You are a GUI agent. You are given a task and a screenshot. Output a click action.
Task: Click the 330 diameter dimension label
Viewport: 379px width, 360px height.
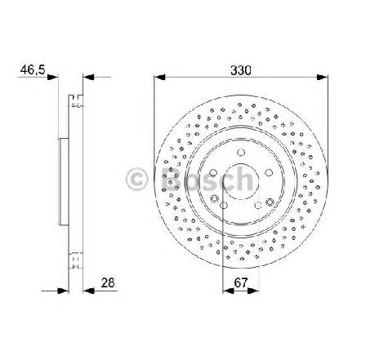[x=241, y=70]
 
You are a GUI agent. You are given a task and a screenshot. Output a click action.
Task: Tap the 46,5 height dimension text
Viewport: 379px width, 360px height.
[x=33, y=70]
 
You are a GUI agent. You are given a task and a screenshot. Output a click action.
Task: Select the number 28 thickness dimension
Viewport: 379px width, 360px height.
[x=108, y=282]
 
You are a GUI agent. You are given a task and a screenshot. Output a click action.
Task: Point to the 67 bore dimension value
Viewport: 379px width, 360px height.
[x=241, y=282]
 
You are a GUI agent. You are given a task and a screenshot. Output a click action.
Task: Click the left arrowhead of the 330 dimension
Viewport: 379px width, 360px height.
[x=159, y=78]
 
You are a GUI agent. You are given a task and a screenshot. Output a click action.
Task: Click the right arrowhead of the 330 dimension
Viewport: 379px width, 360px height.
[x=323, y=78]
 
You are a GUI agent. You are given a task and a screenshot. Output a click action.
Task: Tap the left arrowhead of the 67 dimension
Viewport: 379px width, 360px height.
[x=228, y=291]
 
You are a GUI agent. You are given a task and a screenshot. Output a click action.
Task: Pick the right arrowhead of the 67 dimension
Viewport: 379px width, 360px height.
[x=253, y=291]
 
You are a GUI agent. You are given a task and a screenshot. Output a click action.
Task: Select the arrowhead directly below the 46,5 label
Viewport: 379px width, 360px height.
[x=53, y=78]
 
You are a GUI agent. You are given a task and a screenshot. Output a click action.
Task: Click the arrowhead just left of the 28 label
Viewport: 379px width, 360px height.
[x=88, y=291]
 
